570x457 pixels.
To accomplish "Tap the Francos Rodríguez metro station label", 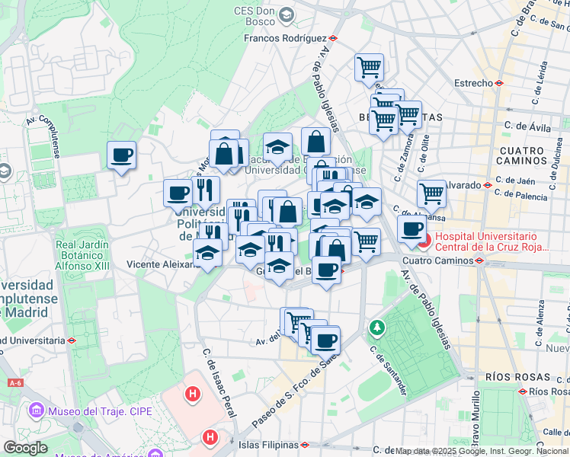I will click(x=285, y=37).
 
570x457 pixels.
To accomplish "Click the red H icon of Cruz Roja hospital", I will click(x=424, y=242).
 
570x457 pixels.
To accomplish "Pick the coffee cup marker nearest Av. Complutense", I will click(x=121, y=156).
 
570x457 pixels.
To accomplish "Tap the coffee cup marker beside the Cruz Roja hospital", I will click(x=411, y=228).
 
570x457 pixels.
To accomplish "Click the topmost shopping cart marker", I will click(x=369, y=67).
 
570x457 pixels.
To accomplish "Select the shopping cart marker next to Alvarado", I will click(x=432, y=193).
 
